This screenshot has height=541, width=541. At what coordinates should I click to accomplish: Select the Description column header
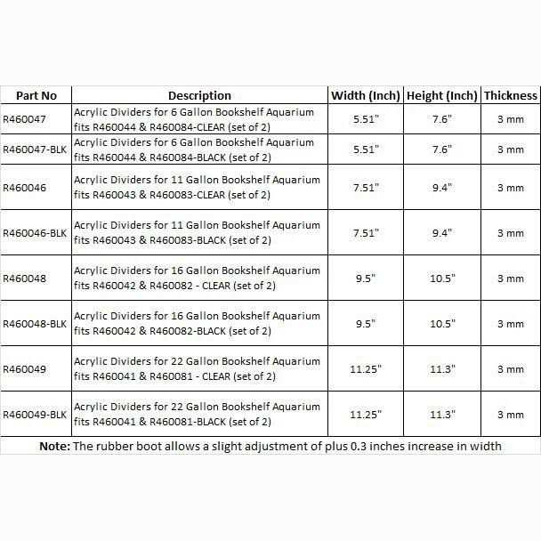(x=199, y=95)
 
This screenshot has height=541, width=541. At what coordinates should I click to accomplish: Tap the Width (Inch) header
(x=366, y=95)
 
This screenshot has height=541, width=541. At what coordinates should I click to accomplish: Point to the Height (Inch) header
(x=442, y=95)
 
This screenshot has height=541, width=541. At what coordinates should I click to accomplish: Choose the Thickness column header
(x=511, y=95)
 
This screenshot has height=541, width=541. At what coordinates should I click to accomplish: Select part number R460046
(x=25, y=188)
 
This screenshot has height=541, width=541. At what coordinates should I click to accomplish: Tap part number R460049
(x=25, y=369)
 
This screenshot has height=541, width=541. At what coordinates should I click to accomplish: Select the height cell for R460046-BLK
(x=442, y=233)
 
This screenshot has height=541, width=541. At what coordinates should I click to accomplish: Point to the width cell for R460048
(x=366, y=279)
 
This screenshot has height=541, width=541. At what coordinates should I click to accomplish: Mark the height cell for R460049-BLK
(x=442, y=415)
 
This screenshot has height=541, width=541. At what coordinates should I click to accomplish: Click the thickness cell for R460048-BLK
(x=511, y=324)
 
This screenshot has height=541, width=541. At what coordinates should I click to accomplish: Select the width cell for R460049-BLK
(x=366, y=415)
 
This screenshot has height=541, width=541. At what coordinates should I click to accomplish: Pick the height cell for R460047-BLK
(x=442, y=149)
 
